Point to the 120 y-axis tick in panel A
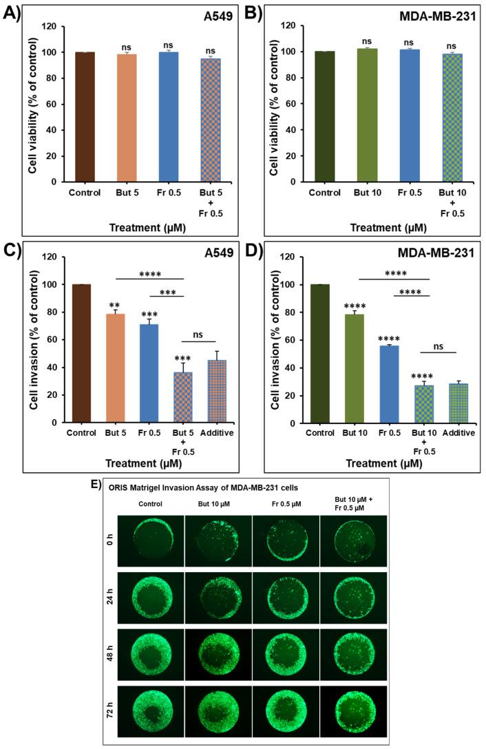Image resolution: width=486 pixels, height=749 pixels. point(52,25)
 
